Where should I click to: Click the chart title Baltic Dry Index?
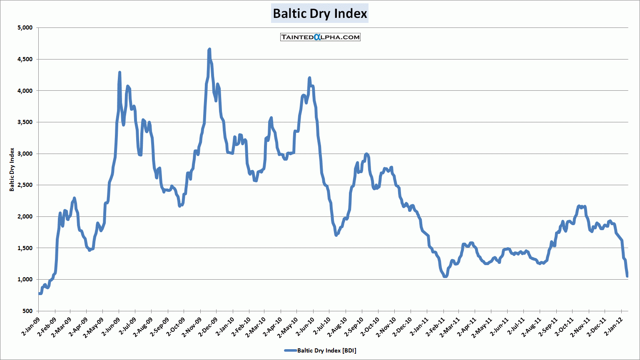click(x=320, y=14)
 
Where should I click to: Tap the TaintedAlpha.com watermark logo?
click(x=320, y=37)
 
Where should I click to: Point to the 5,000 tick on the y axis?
click(x=25, y=28)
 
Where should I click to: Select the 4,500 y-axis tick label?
click(x=25, y=60)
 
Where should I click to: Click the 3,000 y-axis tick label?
click(x=25, y=154)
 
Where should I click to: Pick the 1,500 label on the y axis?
click(x=25, y=248)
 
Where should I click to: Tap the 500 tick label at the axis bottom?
click(x=27, y=311)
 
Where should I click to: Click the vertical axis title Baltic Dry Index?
click(x=12, y=169)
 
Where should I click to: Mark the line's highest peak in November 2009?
click(x=209, y=49)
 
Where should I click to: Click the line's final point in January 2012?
click(x=627, y=276)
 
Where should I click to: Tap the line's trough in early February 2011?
click(x=445, y=276)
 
